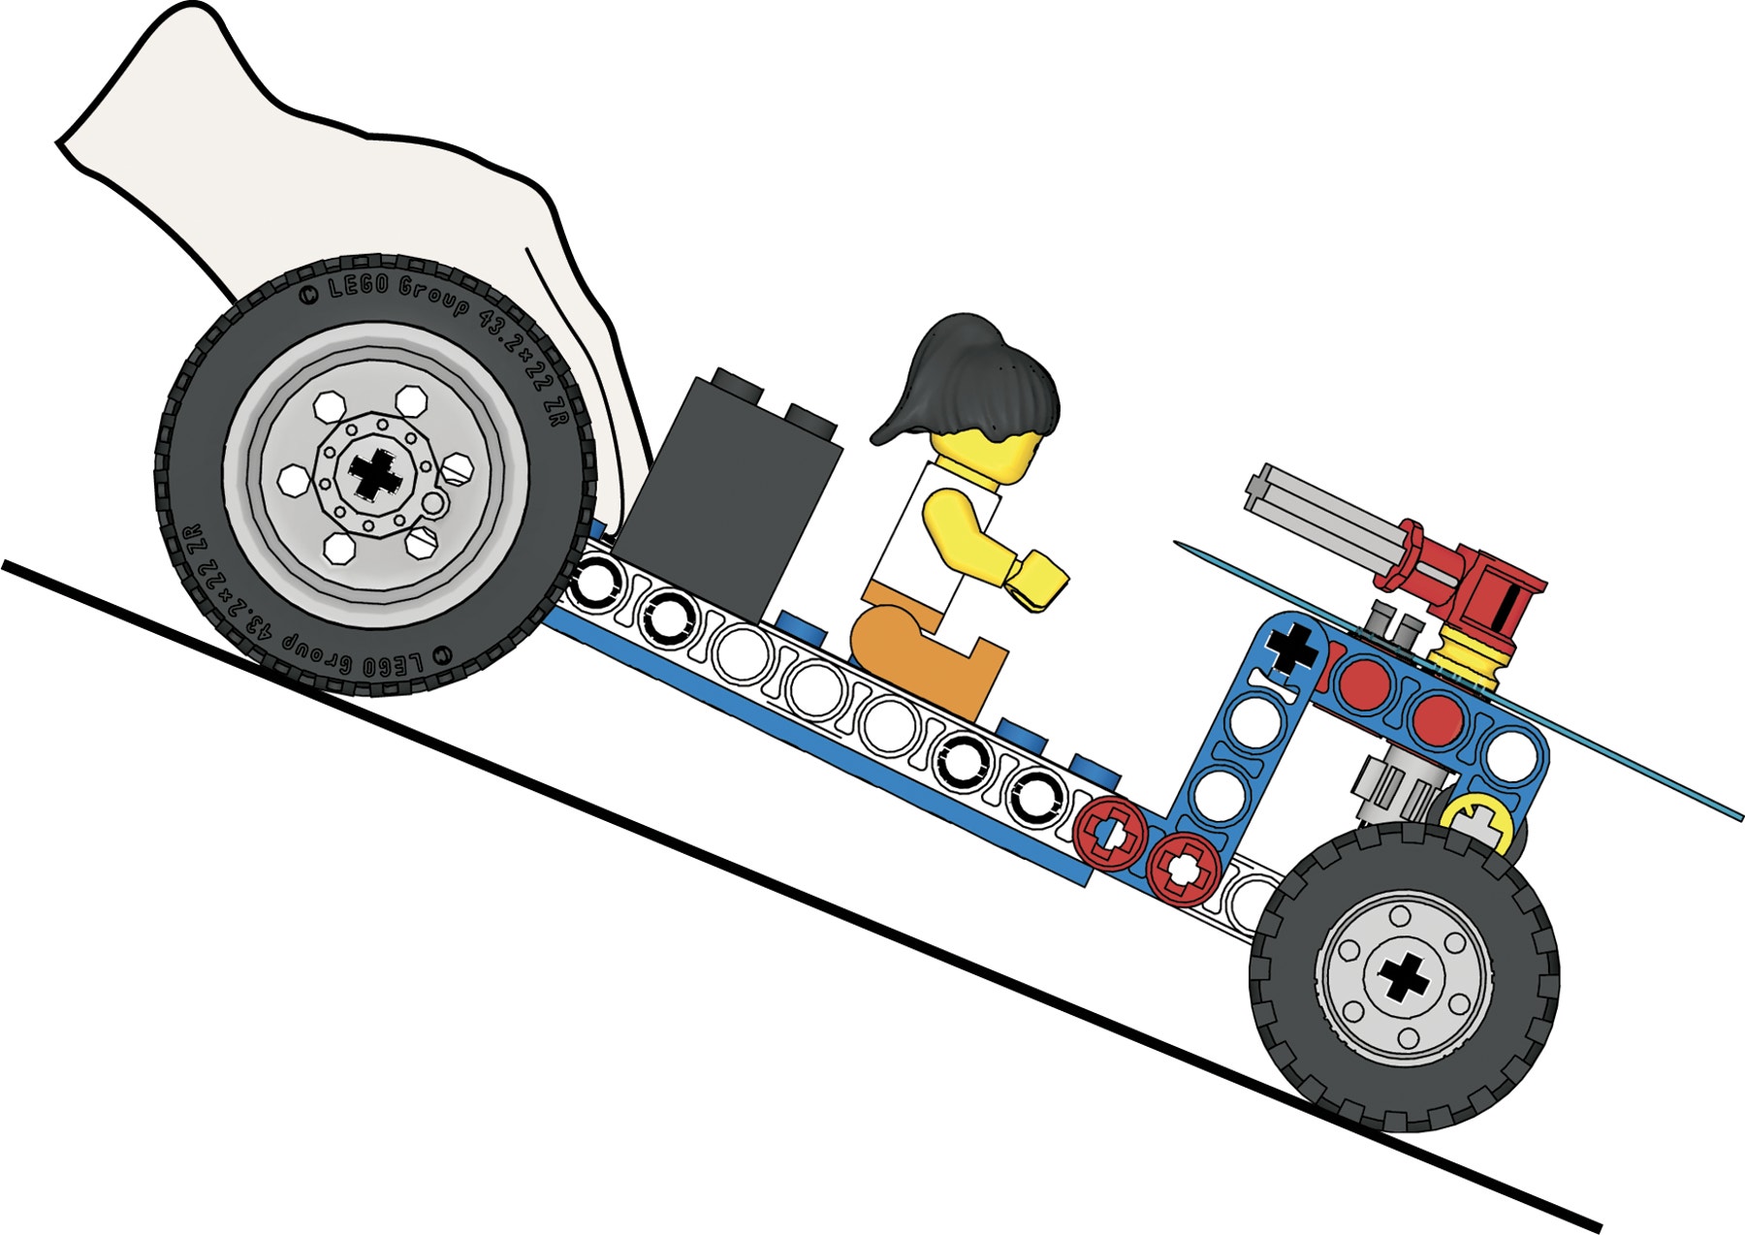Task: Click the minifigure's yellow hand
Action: click(1035, 580)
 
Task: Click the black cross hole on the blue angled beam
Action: click(1294, 648)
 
